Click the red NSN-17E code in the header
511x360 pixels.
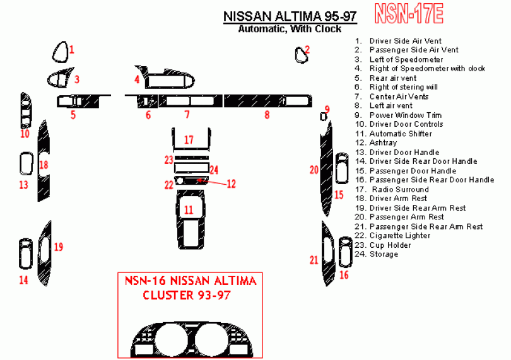point(409,12)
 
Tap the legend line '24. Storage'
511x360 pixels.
point(376,254)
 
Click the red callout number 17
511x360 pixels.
point(189,139)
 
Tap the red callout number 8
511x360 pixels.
point(267,115)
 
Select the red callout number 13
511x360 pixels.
point(23,185)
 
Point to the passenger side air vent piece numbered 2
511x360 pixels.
point(302,55)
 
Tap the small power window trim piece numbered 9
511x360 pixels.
point(323,117)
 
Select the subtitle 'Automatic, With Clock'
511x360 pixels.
point(290,29)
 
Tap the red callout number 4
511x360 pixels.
point(136,79)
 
